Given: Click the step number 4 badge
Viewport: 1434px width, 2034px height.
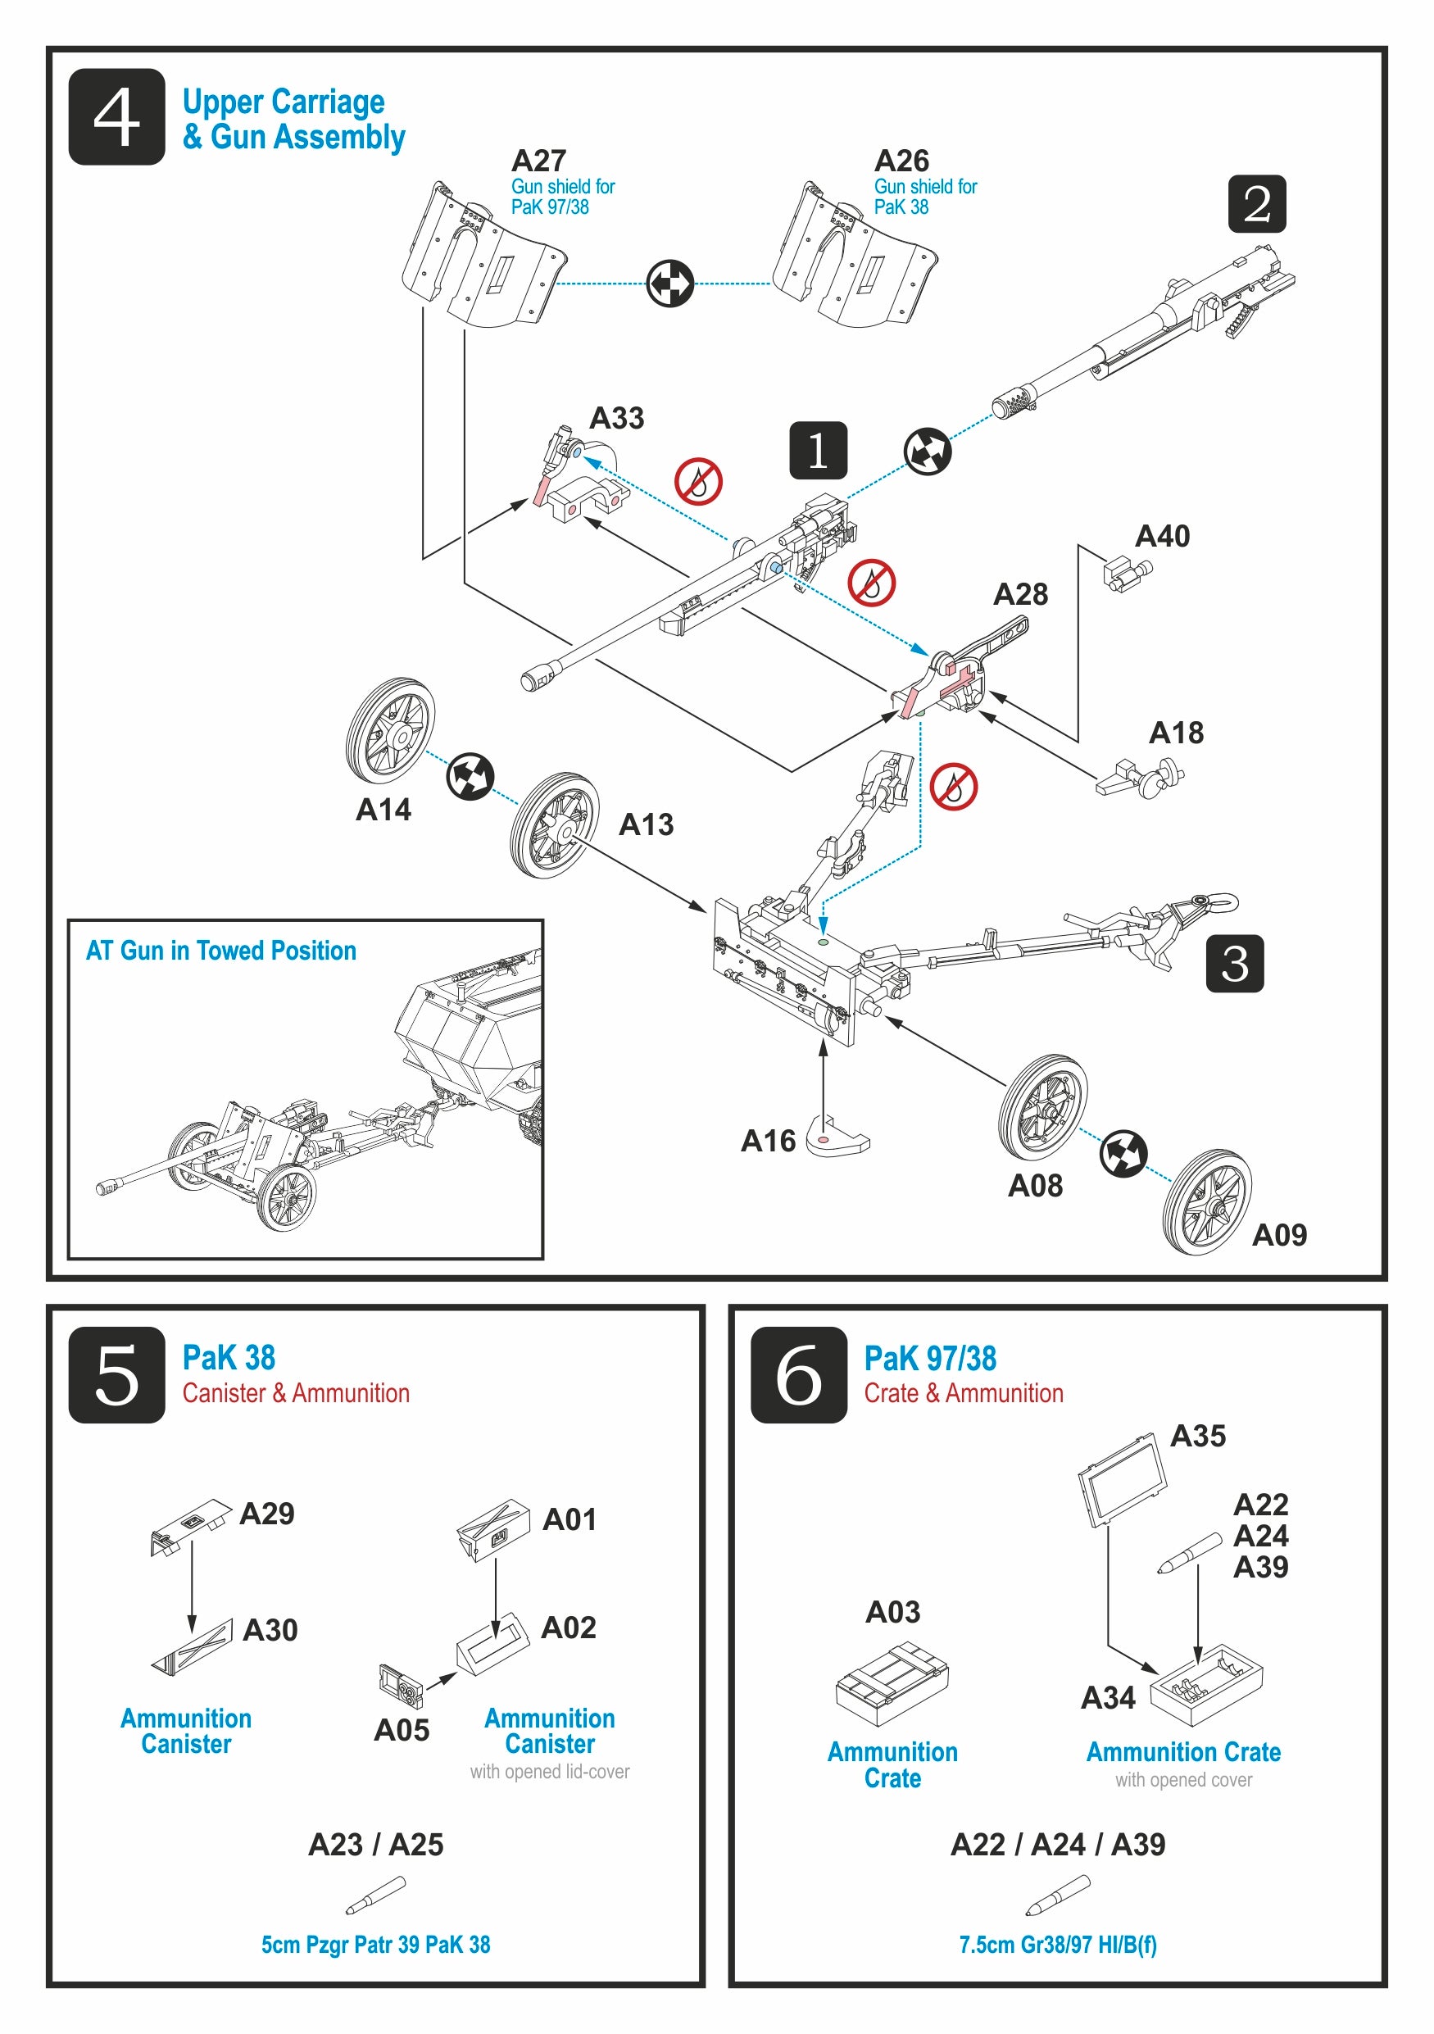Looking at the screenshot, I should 116,117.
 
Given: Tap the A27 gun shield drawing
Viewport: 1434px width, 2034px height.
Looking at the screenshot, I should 483,257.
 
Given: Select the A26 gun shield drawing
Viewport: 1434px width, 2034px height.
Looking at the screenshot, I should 853,257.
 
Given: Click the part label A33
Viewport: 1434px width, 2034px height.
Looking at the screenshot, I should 616,418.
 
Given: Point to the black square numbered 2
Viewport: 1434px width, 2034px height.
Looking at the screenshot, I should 1256,204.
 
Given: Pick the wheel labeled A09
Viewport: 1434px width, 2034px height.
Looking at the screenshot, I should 1206,1201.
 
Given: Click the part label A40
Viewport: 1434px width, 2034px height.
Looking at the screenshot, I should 1162,536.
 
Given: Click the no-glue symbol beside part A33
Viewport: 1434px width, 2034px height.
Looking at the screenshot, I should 698,482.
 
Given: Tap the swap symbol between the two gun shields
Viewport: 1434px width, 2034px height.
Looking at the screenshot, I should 669,284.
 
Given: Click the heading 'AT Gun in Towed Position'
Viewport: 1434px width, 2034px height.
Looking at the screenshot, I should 220,951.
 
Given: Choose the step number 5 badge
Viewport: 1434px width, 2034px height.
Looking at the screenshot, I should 116,1375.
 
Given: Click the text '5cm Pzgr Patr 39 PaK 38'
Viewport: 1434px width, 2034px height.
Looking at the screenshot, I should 375,1945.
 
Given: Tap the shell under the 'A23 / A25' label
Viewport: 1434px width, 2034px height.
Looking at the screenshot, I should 375,1895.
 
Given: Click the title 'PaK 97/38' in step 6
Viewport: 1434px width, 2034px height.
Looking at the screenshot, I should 929,1358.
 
